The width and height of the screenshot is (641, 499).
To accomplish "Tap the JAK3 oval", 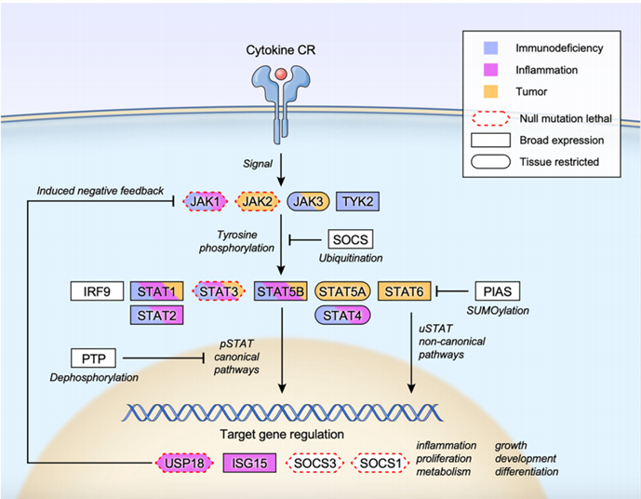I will click(308, 200).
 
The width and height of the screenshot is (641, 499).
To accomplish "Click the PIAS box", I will click(500, 292).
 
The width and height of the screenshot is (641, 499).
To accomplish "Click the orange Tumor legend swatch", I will click(492, 90).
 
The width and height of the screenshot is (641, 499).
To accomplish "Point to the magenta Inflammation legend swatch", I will click(492, 68).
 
